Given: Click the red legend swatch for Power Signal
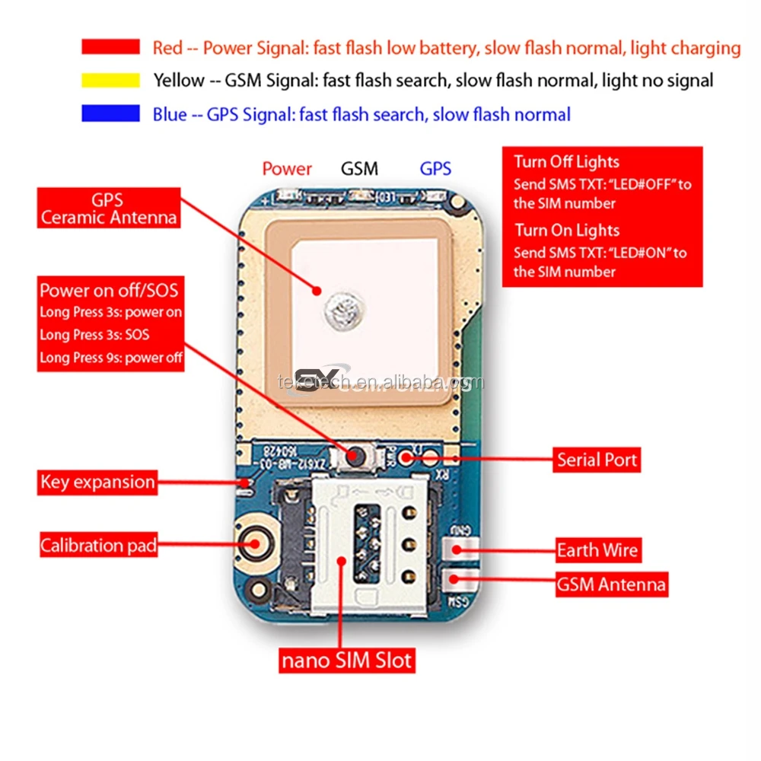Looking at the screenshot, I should coord(110,47).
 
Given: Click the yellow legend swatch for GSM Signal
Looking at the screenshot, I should coord(110,80).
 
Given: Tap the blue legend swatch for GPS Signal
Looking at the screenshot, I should coord(110,114).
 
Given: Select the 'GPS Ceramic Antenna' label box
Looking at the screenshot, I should coord(109,209).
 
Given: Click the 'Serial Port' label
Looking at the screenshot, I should coord(597,460).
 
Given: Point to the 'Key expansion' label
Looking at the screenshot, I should coord(97,482).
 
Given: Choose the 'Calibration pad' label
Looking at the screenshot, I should coord(98,546).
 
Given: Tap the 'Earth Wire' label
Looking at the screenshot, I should coord(597,550).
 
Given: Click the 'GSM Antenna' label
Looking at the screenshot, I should coord(611,584).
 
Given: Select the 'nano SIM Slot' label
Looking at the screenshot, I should coord(347,660).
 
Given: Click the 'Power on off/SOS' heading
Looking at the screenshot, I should coord(109,291).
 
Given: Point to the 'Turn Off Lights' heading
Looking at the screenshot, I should coord(566,161).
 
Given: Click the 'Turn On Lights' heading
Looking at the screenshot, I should coord(566,230).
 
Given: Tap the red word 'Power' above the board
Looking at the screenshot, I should coord(287,169).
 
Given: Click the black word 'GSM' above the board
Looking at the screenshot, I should coord(359,169).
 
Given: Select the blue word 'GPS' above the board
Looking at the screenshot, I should coord(435,169).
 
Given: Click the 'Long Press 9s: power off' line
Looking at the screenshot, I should coord(111,358).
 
